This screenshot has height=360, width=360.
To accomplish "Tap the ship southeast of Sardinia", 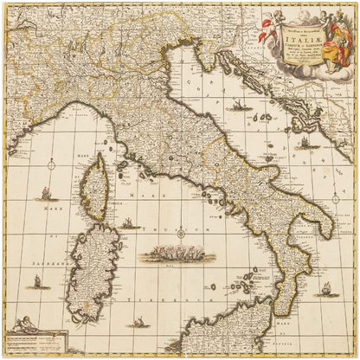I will [x=137, y=321].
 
